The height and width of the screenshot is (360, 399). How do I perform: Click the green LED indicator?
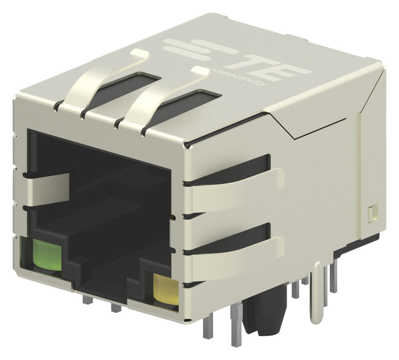point(45,254)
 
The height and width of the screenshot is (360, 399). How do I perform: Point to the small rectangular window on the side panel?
point(372,213)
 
